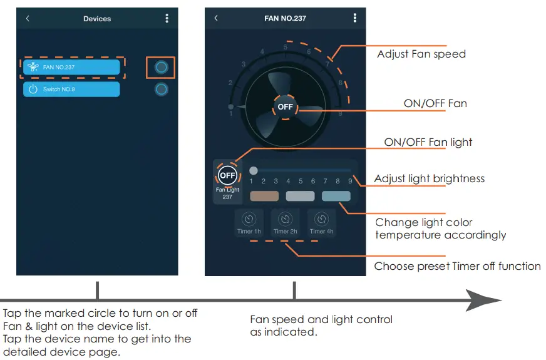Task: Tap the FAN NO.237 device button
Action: tap(71, 67)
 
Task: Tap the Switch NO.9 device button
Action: tap(71, 90)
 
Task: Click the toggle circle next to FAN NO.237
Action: tap(161, 67)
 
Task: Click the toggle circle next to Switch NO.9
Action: tap(161, 90)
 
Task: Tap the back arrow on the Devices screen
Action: tap(28, 19)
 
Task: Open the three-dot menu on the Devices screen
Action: tap(167, 19)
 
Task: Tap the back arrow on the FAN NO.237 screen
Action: tap(216, 18)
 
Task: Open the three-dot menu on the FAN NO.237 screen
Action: tap(354, 18)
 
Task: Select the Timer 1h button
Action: tap(249, 223)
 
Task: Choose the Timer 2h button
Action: tap(286, 223)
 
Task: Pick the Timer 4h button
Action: tap(322, 223)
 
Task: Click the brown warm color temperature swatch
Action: tap(264, 196)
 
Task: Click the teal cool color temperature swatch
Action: tap(336, 196)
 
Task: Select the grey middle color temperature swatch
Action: tap(300, 196)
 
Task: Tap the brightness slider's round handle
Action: tap(254, 170)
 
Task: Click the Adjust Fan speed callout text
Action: tap(421, 54)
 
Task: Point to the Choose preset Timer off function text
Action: tap(457, 266)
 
